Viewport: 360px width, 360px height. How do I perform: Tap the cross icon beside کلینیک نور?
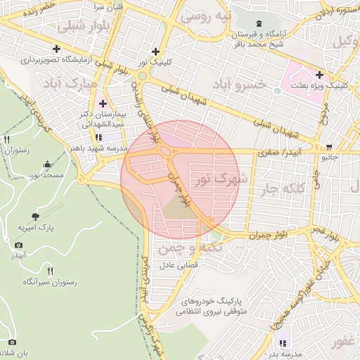tap(155, 51)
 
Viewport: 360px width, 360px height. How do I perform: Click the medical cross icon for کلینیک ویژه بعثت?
tap(320, 75)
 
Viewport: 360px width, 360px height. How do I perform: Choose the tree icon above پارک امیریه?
tap(36, 217)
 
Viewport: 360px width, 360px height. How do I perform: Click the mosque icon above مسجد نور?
tap(47, 164)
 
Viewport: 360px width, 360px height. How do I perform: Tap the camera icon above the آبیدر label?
tap(18, 245)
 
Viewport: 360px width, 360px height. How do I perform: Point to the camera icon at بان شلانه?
tap(12, 342)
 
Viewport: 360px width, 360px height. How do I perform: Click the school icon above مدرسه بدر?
tap(283, 343)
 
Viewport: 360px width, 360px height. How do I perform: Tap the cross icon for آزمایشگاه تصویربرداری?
tap(56, 49)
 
